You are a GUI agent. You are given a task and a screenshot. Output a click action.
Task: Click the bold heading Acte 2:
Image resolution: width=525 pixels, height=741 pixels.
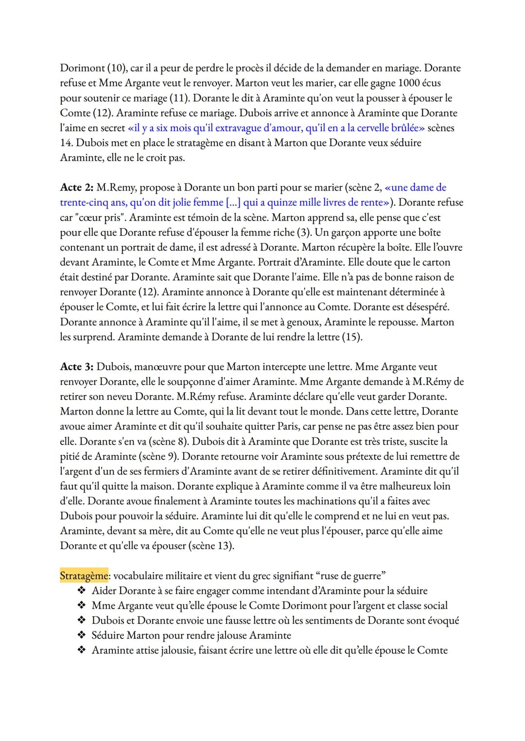pyautogui.click(x=76, y=188)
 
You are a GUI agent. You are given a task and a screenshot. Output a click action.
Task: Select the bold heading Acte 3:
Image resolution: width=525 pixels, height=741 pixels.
pyautogui.click(x=76, y=367)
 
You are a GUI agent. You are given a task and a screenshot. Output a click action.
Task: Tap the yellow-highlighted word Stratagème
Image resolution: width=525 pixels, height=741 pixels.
pyautogui.click(x=84, y=576)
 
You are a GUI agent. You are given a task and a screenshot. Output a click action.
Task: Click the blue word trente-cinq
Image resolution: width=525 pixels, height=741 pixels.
pyautogui.click(x=84, y=203)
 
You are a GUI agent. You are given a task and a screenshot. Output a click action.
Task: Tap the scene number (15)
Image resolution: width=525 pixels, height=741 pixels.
pyautogui.click(x=352, y=337)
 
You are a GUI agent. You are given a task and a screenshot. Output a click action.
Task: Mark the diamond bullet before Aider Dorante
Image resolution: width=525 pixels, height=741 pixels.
pyautogui.click(x=81, y=591)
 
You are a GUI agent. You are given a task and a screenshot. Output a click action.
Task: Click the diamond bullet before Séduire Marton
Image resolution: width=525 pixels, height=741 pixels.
pyautogui.click(x=81, y=636)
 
